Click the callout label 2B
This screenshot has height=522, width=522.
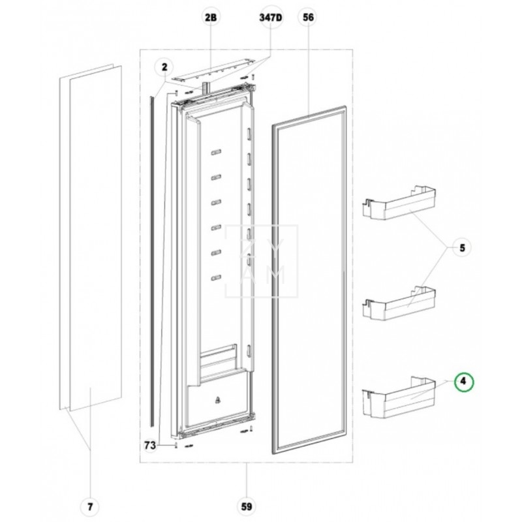pos(210,19)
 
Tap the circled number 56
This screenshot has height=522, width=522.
pos(307,19)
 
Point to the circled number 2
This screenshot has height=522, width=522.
pos(164,66)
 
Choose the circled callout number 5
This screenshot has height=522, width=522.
pos(462,248)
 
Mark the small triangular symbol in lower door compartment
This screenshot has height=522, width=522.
pos(216,397)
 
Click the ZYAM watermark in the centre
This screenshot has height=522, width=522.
pos(261,261)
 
